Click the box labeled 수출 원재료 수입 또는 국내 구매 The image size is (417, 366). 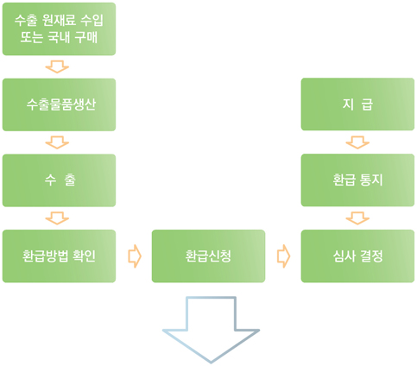(59, 28)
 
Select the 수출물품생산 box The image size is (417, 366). (59, 104)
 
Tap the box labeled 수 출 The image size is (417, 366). (59, 180)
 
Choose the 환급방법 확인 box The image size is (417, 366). (59, 256)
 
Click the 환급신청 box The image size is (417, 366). (208, 256)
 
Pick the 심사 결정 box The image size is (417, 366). (357, 256)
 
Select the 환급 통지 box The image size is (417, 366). (357, 180)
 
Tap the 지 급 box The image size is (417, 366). (357, 104)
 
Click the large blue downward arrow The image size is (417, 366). (212, 331)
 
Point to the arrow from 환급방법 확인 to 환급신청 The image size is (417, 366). (135, 256)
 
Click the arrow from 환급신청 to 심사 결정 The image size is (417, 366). (284, 256)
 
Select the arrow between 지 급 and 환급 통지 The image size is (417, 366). (357, 142)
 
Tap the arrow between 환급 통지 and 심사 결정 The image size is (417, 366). (357, 218)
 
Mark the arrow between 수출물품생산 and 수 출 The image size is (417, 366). (57, 142)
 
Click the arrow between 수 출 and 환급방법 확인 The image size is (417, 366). (57, 218)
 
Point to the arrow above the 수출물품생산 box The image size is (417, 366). (57, 66)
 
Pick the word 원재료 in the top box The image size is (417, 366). (59, 20)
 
